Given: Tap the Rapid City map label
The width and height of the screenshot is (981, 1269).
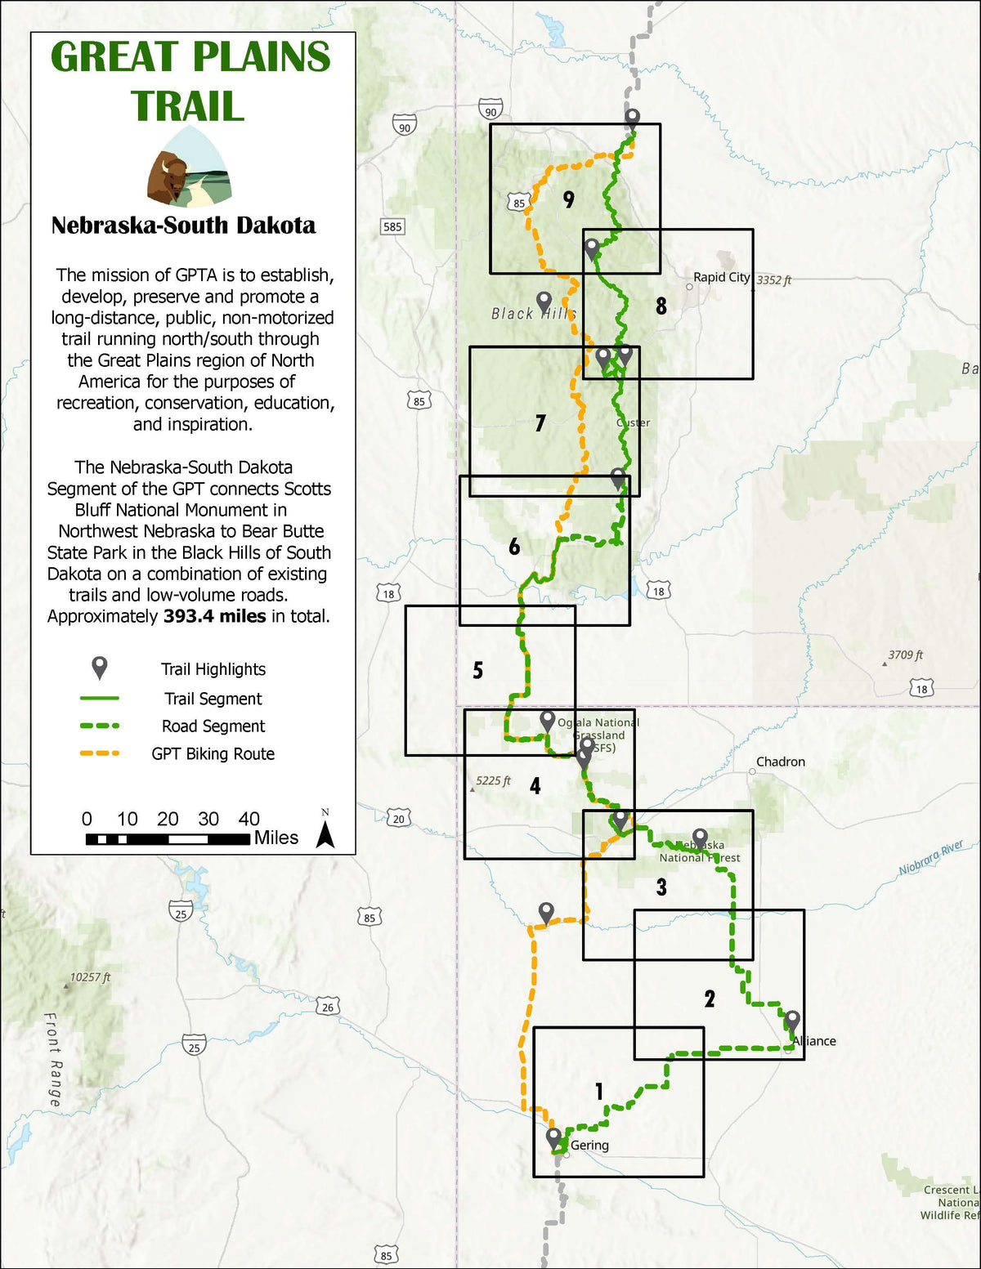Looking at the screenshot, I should point(721,277).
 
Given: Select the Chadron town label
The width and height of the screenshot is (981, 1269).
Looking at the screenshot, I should point(780,762).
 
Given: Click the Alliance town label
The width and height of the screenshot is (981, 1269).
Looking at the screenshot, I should point(814,1041).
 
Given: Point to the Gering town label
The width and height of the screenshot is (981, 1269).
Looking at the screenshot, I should point(589,1145).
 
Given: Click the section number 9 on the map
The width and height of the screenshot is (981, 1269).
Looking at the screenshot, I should point(569,199).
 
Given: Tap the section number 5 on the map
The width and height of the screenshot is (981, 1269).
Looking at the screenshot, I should point(478,671).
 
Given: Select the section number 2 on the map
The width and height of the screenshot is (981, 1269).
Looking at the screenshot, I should point(710,999).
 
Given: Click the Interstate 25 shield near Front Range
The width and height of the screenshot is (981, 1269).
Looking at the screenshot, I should point(194,1047).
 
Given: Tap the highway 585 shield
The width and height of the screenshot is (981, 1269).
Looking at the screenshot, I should point(392,226).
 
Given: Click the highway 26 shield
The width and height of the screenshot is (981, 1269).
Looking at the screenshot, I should point(328,1008).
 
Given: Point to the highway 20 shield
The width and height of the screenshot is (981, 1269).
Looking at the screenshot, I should point(398,818).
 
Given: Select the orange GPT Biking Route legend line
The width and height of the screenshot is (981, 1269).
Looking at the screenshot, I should point(100,753).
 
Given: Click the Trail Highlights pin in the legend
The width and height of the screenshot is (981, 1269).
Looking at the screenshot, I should point(100,668).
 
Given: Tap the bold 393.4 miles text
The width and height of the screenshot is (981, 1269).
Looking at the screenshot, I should point(214,616).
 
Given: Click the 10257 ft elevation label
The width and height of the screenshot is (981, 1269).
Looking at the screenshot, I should point(90,977).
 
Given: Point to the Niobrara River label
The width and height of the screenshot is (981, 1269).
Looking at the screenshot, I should point(931,858).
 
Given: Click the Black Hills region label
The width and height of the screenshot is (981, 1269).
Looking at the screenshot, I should point(533,314).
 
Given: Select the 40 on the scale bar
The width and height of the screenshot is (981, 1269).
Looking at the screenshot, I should point(249,819).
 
